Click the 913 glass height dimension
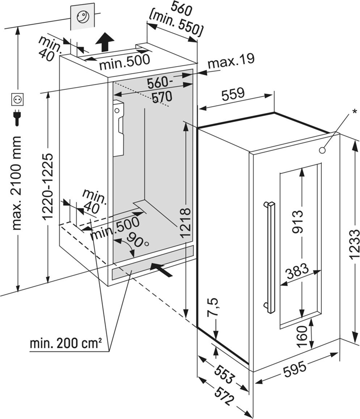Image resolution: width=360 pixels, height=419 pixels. tap(298, 223)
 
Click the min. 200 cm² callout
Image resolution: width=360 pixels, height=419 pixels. tap(66, 344)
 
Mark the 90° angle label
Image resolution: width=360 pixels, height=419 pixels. tap(138, 239)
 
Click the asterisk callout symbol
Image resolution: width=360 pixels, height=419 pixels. tap(355, 111)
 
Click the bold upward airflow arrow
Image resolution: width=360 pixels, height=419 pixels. tap(105, 43)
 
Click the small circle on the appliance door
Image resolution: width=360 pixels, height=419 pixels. tap(322, 150)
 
